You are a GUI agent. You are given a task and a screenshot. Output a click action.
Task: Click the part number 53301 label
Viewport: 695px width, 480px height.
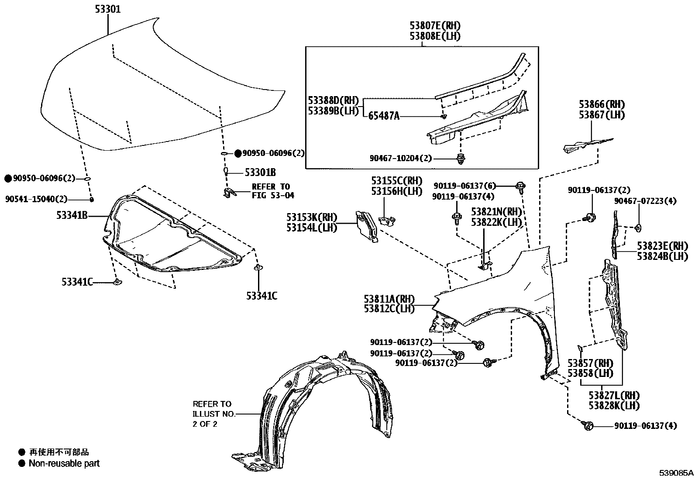click(108, 9)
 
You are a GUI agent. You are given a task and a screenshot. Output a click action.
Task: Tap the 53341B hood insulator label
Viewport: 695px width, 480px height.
click(72, 215)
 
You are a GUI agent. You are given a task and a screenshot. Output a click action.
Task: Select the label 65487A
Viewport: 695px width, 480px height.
click(384, 116)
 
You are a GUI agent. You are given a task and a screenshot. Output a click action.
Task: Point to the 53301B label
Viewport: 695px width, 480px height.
click(260, 173)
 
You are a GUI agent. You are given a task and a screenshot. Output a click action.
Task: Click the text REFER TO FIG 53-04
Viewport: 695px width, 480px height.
click(271, 191)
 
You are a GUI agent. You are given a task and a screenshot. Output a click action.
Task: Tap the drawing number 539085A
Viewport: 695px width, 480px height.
click(676, 473)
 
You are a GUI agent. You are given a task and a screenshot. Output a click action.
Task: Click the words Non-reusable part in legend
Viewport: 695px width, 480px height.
click(64, 463)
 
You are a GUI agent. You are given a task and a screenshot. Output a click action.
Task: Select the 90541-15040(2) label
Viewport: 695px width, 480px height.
click(37, 199)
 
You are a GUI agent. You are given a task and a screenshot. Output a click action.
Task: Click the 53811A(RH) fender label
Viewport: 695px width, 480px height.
click(389, 299)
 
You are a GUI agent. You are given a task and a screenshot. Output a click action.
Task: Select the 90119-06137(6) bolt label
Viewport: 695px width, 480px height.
click(464, 186)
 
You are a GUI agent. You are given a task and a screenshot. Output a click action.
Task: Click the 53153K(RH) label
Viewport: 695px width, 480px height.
click(312, 217)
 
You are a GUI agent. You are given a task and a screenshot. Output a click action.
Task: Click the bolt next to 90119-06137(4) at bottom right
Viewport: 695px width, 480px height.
click(587, 425)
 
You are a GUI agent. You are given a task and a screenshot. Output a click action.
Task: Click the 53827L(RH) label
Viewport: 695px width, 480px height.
click(613, 395)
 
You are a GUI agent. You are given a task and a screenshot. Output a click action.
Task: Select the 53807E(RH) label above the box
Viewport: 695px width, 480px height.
click(435, 26)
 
